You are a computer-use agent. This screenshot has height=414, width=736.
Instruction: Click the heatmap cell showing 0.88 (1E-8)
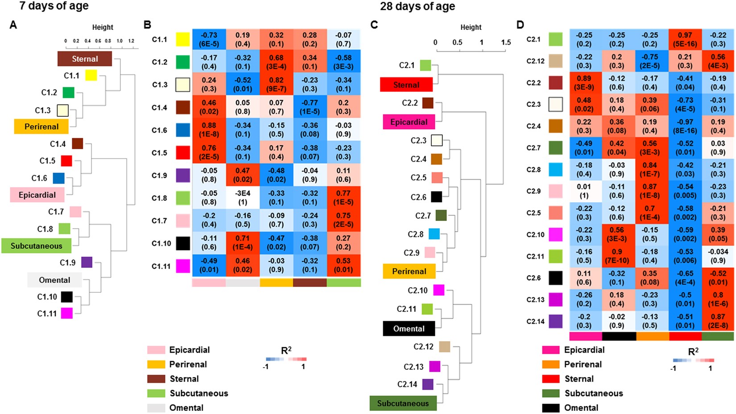coord(209,130)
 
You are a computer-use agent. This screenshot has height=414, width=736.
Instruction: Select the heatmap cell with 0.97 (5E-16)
coord(685,39)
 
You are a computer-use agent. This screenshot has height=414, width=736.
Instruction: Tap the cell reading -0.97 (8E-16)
coord(685,126)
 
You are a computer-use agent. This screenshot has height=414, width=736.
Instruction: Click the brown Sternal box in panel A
coord(85,59)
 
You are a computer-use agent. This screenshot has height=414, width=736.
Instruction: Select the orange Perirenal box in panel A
coord(41,127)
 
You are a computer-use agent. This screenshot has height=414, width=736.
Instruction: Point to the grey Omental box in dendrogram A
coord(54,280)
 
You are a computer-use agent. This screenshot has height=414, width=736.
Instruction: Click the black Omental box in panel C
coord(409,328)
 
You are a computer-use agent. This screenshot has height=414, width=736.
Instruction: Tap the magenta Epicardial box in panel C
coord(409,122)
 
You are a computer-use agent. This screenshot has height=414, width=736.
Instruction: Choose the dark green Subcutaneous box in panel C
coord(403,403)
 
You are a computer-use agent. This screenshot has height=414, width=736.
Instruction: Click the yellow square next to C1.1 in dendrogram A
coord(91,75)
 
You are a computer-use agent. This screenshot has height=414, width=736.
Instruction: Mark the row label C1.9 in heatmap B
coord(159,176)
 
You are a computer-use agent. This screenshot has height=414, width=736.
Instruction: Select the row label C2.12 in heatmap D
coord(535,61)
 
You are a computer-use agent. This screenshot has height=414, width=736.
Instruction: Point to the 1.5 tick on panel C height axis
coord(506,42)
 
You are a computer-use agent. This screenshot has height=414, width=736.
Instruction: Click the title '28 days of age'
coord(418,6)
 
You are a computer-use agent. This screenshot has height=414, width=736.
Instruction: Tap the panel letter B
coord(148,25)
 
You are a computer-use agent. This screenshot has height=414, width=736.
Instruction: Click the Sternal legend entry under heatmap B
coord(184,379)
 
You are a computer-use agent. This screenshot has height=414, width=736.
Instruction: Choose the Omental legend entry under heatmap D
coord(581,408)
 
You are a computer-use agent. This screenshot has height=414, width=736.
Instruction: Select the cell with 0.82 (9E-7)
coord(276,84)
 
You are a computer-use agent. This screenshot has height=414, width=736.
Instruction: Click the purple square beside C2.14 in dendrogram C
coord(428,384)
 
